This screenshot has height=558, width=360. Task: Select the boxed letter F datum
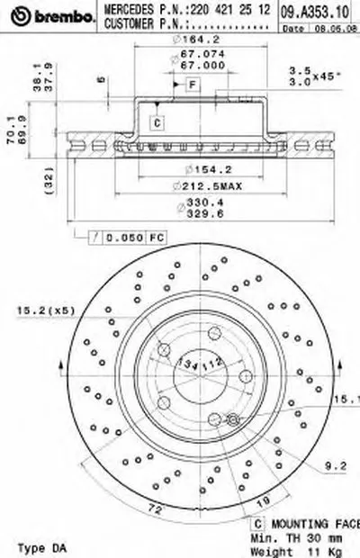192,84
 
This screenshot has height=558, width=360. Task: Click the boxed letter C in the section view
156,121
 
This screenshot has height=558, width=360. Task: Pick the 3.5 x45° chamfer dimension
311,74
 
